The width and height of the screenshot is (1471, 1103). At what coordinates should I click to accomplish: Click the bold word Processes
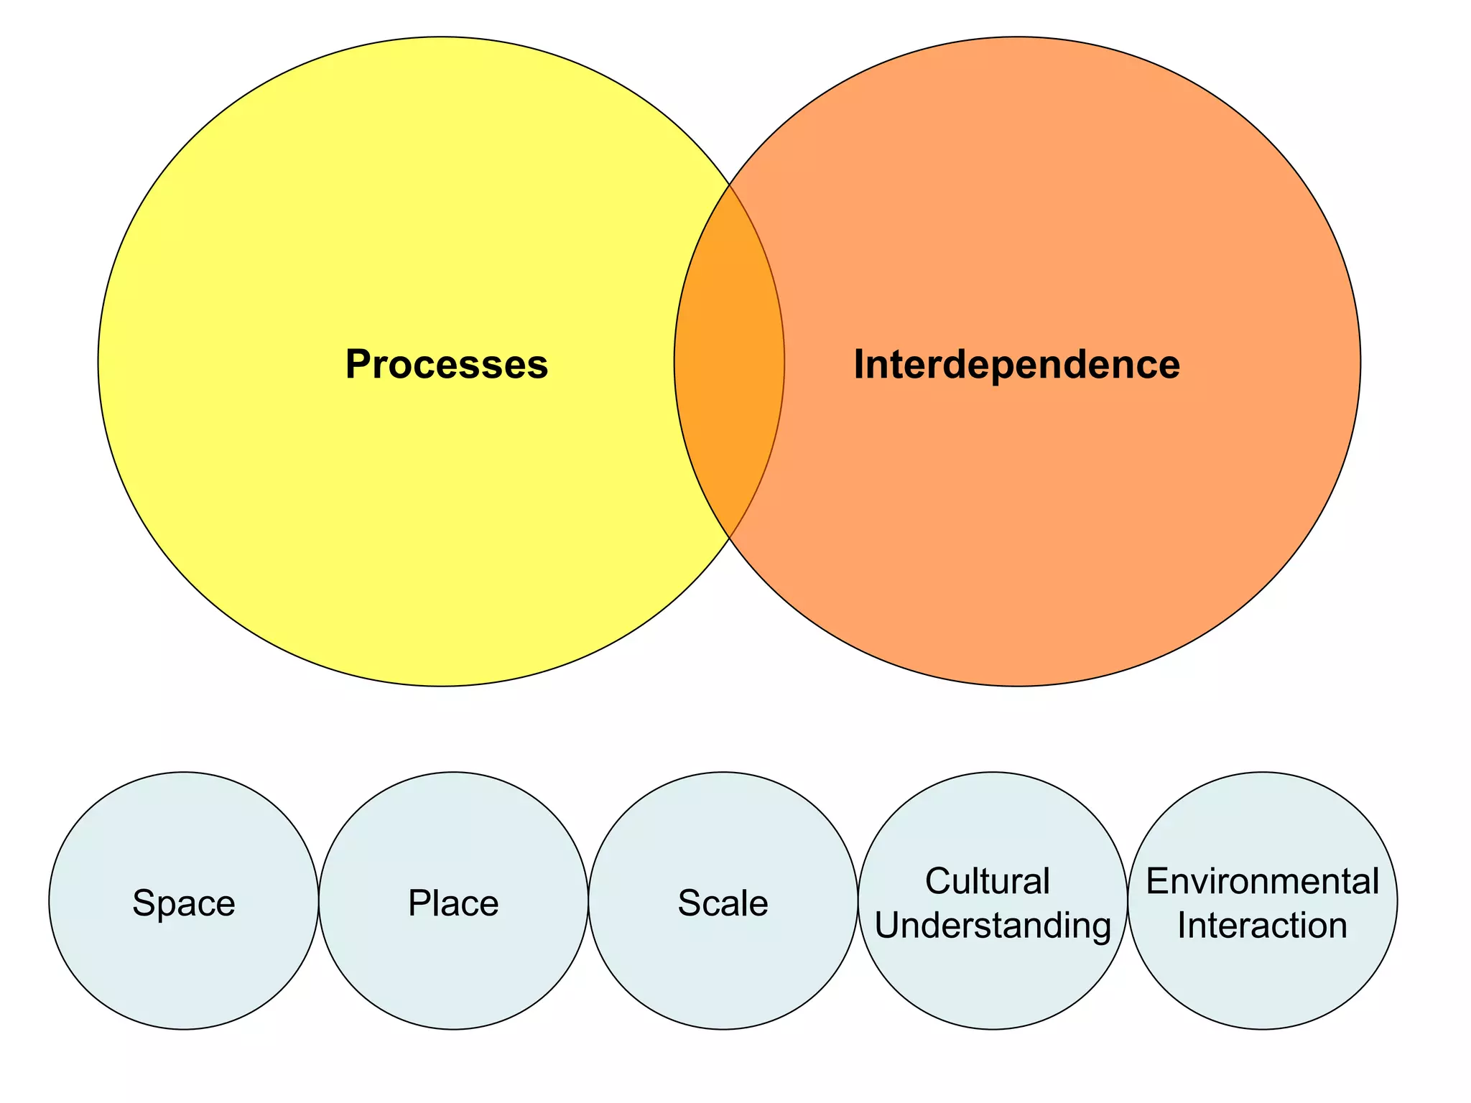tap(446, 364)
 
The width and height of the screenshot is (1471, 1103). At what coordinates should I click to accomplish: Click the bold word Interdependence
tap(1016, 364)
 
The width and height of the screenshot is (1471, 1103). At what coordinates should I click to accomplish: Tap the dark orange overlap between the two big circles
tap(729, 361)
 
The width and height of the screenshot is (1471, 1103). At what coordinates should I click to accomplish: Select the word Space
tap(184, 903)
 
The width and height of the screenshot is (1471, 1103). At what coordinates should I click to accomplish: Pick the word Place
tap(453, 903)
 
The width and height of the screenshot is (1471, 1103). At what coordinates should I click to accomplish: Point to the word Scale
tap(723, 903)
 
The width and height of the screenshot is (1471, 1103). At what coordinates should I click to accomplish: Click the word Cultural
tap(987, 881)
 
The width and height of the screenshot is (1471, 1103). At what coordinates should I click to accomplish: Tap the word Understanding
tap(993, 925)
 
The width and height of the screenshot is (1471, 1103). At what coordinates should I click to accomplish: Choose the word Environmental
tap(1262, 881)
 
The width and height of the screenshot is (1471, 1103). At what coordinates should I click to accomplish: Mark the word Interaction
tap(1262, 925)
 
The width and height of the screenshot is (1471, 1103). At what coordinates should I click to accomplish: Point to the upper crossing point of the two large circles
tap(730, 185)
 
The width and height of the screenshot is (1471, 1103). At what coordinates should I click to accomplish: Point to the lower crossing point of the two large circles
tap(730, 537)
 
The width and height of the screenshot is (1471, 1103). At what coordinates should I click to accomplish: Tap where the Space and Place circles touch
tap(318, 900)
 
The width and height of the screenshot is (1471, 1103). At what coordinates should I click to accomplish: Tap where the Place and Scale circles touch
tap(588, 900)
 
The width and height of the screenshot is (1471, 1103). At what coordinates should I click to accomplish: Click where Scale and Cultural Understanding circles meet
tap(858, 900)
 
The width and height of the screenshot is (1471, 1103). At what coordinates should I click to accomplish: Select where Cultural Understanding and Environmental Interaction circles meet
tap(1128, 900)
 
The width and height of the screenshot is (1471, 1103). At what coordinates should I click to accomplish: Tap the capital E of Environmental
tap(1156, 881)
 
